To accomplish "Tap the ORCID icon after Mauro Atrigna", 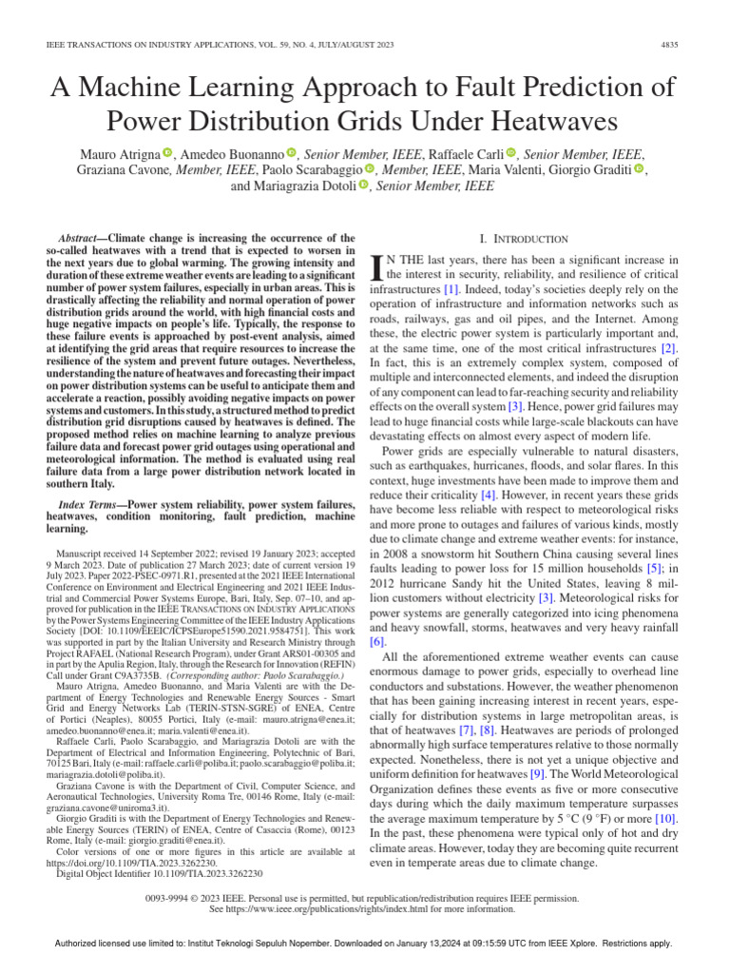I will [x=168, y=152].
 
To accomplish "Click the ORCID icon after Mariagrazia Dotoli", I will [x=364, y=186].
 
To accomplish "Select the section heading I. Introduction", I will [x=522, y=238].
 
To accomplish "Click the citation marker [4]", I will [x=489, y=496].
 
